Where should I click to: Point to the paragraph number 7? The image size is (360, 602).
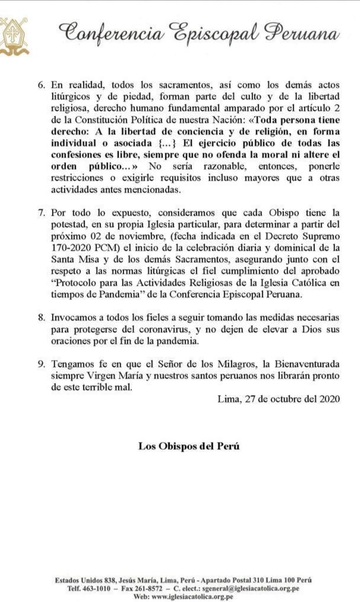coord(42,212)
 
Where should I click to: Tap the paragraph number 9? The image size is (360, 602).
coord(42,364)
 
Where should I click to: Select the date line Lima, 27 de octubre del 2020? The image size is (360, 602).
coord(279,399)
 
